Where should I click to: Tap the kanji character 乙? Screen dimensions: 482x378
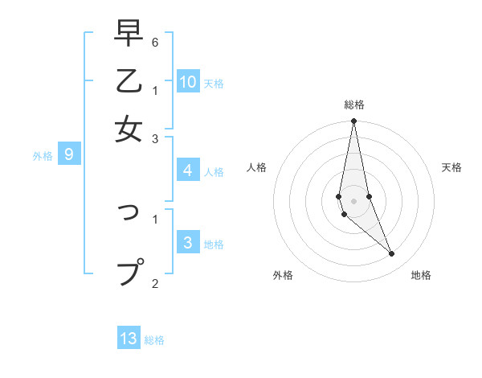129,81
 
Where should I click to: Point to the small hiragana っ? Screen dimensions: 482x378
131,212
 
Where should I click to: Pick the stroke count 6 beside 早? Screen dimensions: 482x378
155,42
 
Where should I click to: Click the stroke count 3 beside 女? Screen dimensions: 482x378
155,139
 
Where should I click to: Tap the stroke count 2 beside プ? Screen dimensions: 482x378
155,282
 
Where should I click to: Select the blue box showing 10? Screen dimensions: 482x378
187,81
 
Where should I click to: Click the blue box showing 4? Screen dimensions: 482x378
187,171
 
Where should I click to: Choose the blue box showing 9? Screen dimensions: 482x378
69,154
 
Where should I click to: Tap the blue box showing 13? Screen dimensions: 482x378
129,339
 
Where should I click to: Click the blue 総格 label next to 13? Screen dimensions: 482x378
154,340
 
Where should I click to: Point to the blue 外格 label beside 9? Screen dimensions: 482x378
43,156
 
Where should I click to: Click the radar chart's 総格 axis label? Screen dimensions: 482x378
353,105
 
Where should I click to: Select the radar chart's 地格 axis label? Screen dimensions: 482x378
421,276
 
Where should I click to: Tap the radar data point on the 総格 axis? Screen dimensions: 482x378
353,121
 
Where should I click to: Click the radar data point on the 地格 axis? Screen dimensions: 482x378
392,254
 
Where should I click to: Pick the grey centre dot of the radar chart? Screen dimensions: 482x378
353,201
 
